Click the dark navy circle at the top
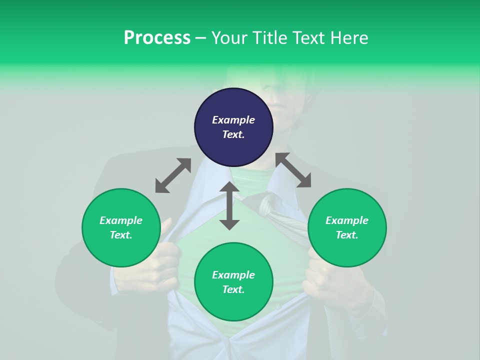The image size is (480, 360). coord(233,127)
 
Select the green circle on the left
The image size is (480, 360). coord(121,227)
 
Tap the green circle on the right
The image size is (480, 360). coord(347,227)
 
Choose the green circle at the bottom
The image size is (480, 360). coord(233,282)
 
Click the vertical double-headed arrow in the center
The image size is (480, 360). coord(229,205)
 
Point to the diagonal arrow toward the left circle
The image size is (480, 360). coord(173,175)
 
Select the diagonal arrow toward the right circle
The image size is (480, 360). coord(293,170)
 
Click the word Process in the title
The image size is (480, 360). coord(157,37)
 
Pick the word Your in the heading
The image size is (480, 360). coord(229,37)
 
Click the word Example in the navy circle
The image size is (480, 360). coord(233,120)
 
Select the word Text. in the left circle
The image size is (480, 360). coord(121,235)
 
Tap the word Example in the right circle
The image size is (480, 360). coord(347,220)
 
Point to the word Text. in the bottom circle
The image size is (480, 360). coord(233,289)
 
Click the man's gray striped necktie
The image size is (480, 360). coord(280,215)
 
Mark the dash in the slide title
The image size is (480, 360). coord(200,38)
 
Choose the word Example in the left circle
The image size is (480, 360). coord(121,220)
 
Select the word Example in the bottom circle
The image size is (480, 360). coord(233,275)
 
